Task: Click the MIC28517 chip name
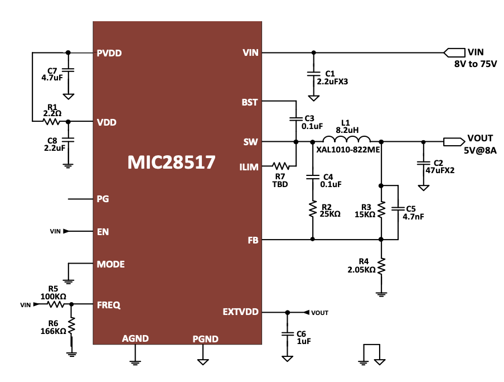point(171,162)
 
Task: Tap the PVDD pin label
point(109,54)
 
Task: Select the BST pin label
point(249,102)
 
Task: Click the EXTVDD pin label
point(240,312)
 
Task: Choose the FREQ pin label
point(109,305)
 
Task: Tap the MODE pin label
point(110,264)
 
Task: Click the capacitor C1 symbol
point(313,73)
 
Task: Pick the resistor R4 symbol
point(381,266)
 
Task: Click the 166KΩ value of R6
point(53,331)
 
